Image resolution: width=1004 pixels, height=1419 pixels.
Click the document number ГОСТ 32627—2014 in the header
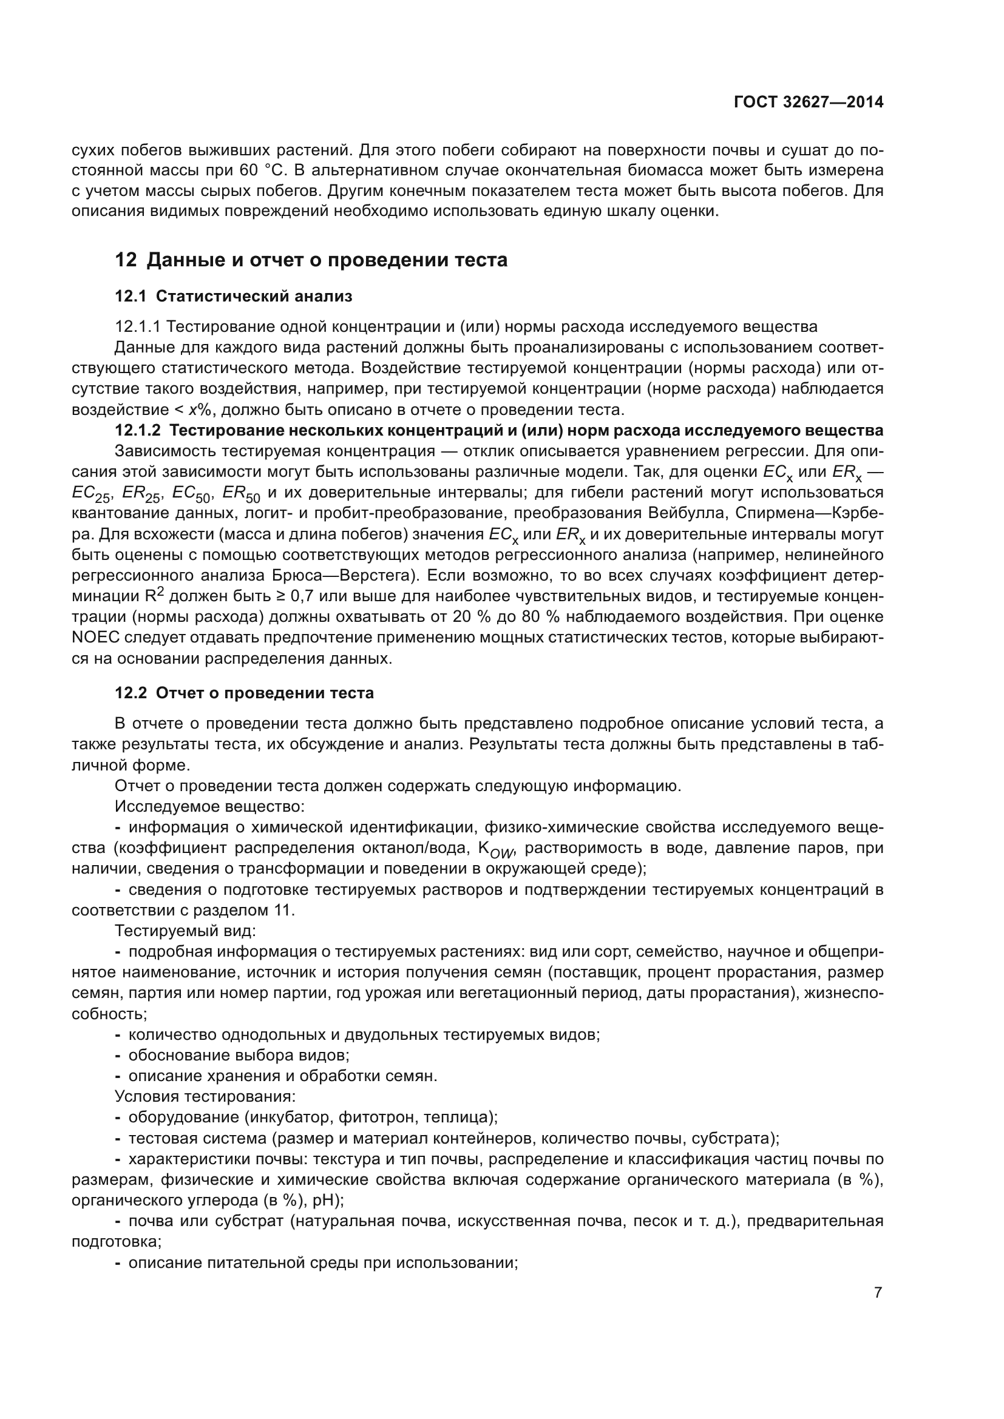(x=808, y=103)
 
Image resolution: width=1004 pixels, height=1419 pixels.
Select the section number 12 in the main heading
(x=126, y=260)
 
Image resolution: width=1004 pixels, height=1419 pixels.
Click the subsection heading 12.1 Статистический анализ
(x=233, y=296)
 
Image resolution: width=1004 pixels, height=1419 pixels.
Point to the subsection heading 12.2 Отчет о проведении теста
(x=244, y=693)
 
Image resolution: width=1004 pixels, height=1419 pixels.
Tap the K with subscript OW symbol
(x=495, y=849)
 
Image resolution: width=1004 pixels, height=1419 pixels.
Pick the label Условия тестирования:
(x=205, y=1096)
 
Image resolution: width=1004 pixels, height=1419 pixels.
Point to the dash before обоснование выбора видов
(x=118, y=1055)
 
